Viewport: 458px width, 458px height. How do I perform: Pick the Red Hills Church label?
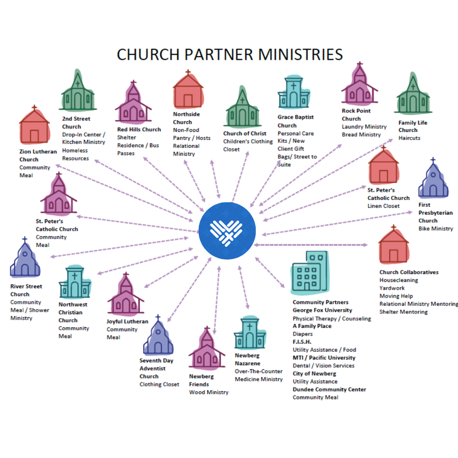pos(139,130)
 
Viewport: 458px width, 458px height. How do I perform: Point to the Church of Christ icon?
pos(242,108)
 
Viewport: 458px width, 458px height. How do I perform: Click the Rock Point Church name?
pos(356,114)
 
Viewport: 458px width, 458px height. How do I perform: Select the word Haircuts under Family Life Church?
pos(409,138)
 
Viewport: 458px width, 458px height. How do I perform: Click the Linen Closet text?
pos(383,206)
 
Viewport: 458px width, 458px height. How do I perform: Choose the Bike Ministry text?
pos(436,229)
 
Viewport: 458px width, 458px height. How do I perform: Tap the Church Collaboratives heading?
pos(409,272)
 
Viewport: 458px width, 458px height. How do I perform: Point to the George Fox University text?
pos(322,310)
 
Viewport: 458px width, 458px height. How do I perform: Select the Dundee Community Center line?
pos(329,389)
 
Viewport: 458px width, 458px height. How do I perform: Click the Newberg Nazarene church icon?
pos(249,333)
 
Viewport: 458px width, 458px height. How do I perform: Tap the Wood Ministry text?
pos(208,392)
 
